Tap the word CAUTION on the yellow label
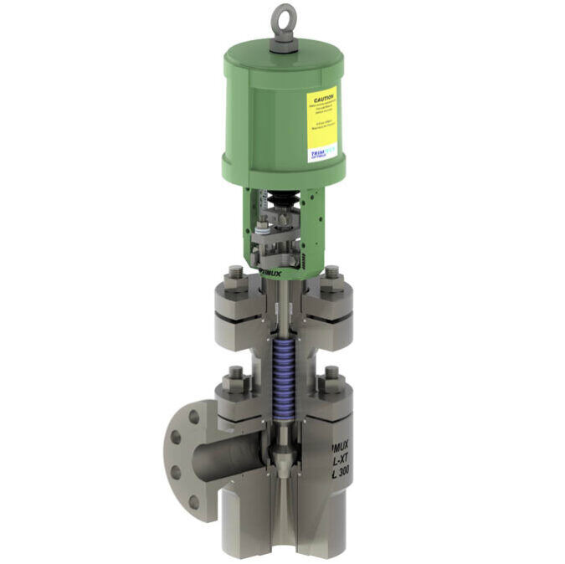[321, 98]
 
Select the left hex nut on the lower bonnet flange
[232, 384]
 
